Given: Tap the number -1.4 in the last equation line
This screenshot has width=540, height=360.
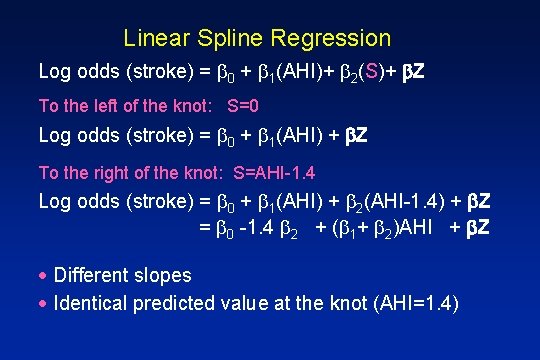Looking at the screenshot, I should pyautogui.click(x=260, y=227).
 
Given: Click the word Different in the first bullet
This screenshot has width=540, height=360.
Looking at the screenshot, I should pyautogui.click(x=92, y=275).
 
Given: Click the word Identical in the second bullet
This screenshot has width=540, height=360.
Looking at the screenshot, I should pyautogui.click(x=89, y=302).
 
